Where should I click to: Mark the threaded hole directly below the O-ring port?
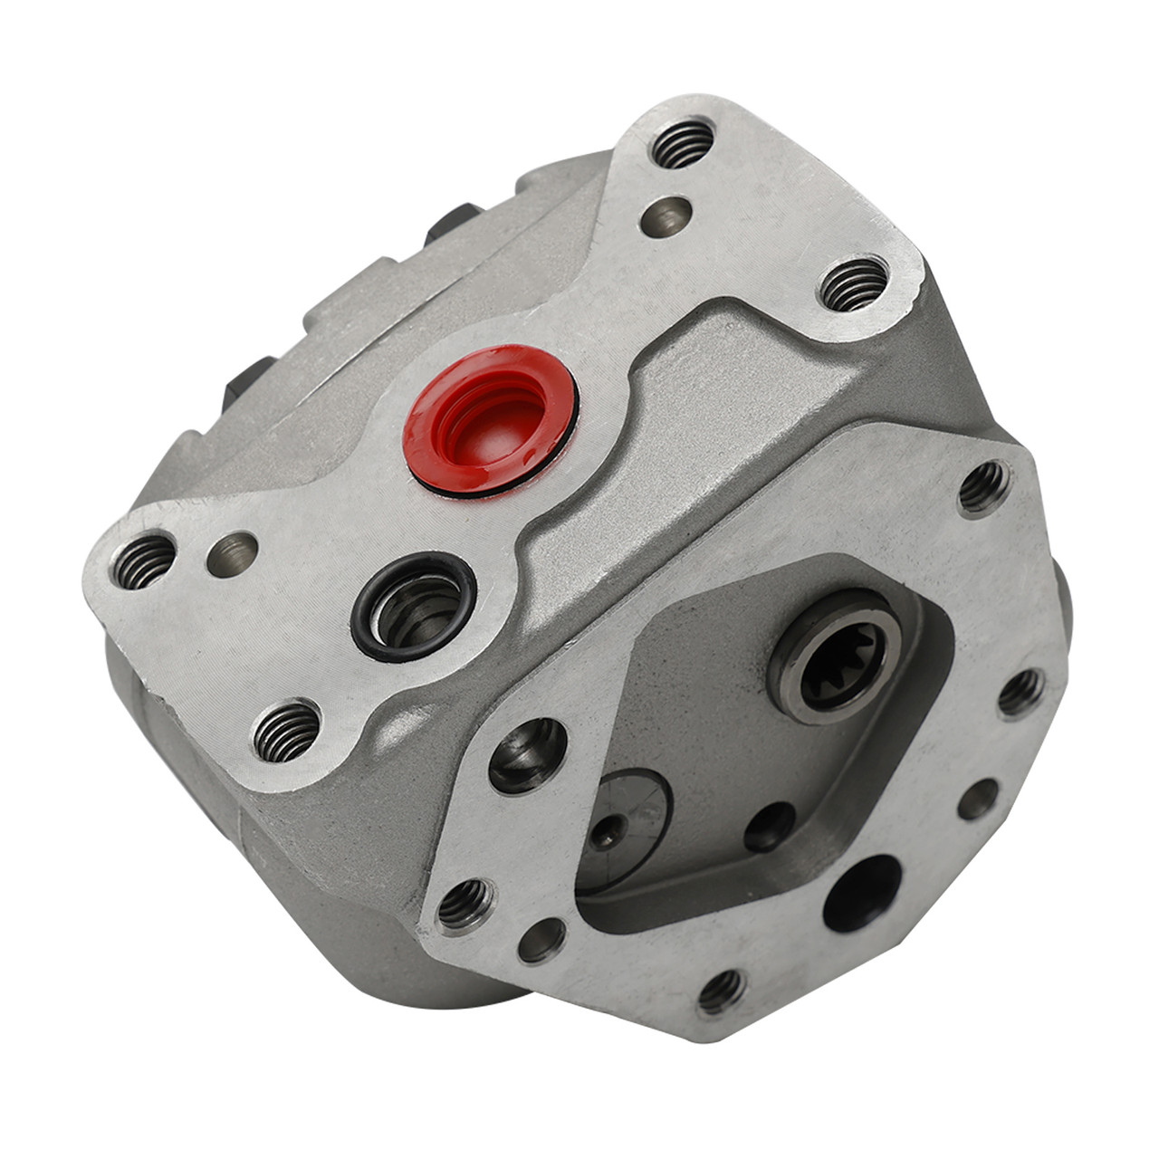coord(285,731)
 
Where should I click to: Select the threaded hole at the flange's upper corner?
coord(983,487)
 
